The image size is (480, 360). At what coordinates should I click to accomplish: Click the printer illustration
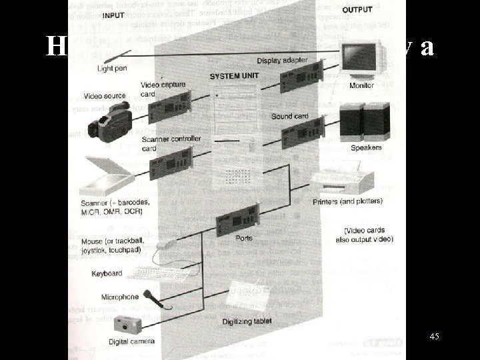[x=337, y=179]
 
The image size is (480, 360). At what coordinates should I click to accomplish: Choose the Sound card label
[x=290, y=116]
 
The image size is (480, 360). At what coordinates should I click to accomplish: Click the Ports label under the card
[x=245, y=237]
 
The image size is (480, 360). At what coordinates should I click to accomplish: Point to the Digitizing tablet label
[x=249, y=321]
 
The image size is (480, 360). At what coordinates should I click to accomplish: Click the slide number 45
[x=434, y=337]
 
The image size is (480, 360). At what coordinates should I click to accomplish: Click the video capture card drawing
[x=167, y=106]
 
